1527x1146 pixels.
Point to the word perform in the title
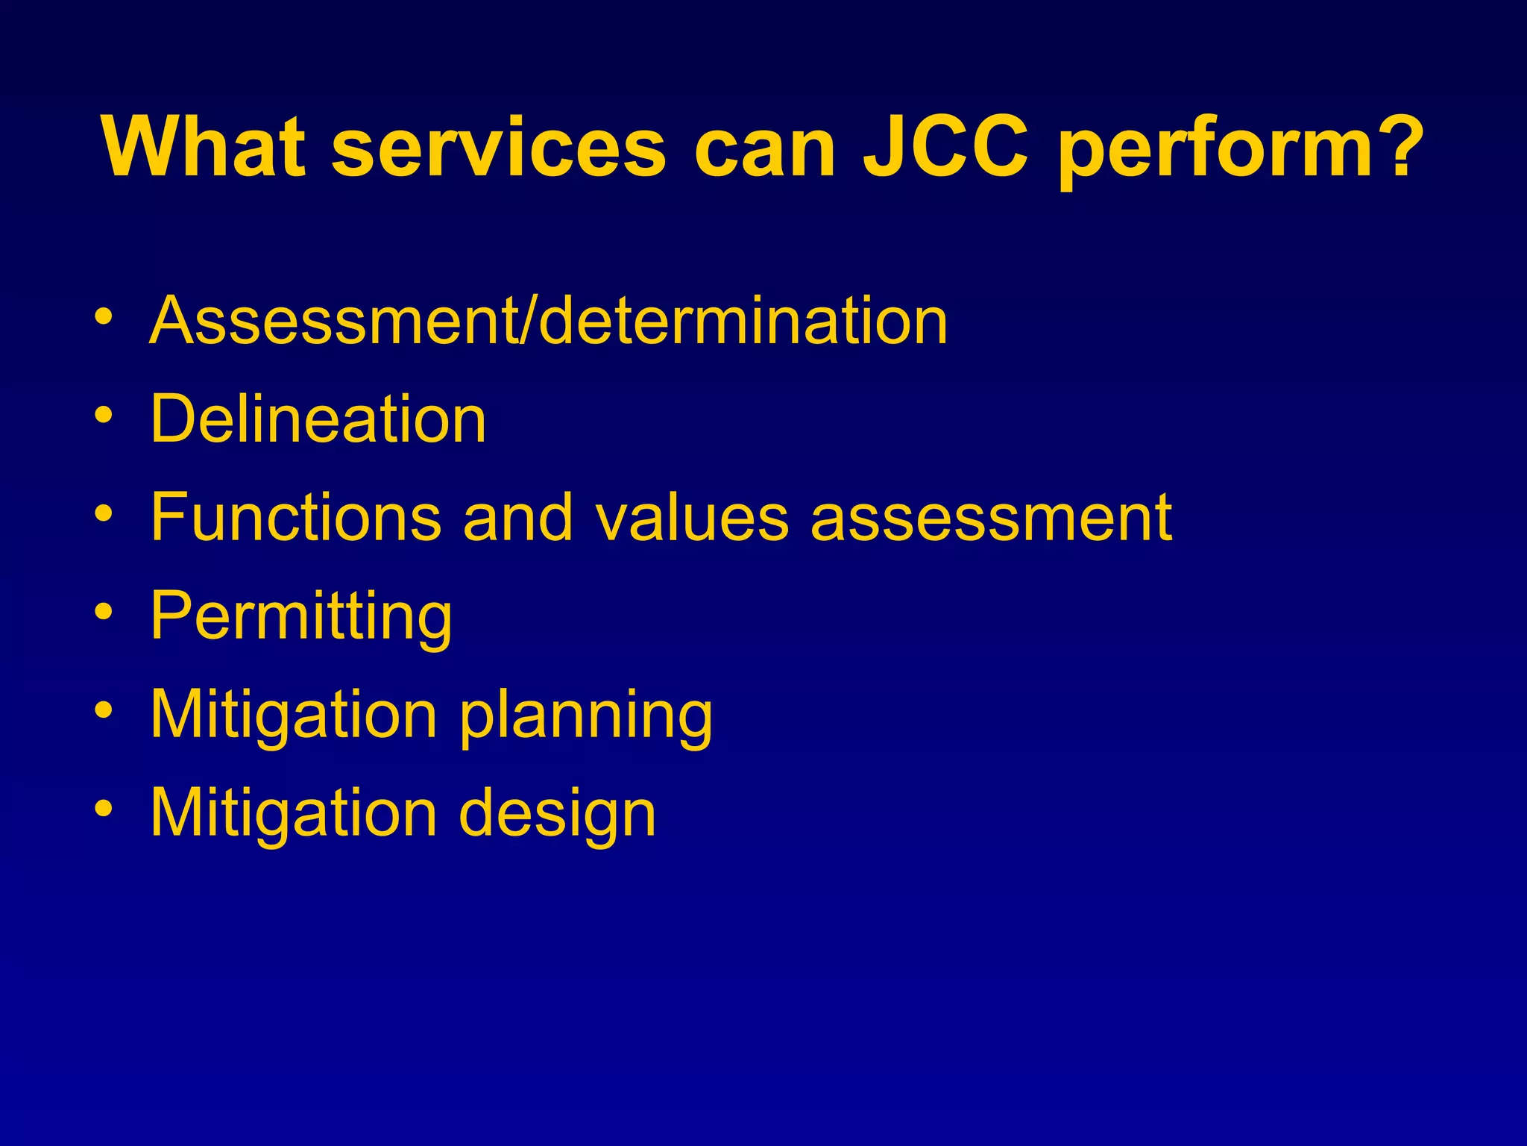pyautogui.click(x=1215, y=149)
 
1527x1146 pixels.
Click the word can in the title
pyautogui.click(x=764, y=149)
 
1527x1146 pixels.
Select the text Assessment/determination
pyautogui.click(x=549, y=321)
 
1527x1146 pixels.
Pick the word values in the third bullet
pyautogui.click(x=692, y=517)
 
